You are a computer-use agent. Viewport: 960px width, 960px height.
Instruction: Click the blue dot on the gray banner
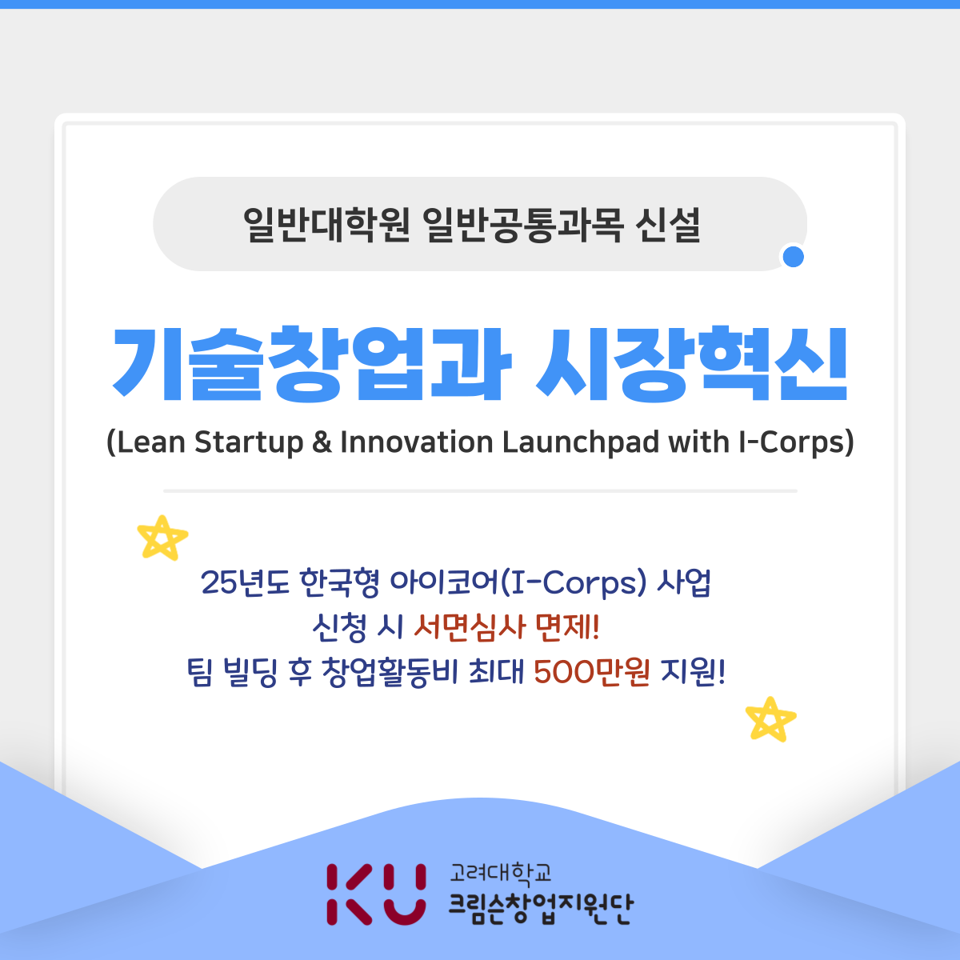[793, 257]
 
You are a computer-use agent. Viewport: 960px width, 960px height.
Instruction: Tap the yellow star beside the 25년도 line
[162, 537]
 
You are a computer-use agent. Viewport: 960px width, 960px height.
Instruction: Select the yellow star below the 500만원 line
[770, 718]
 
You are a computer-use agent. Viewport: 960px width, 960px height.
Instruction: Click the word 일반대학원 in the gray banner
[327, 225]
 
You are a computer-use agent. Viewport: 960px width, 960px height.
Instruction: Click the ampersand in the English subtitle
[322, 442]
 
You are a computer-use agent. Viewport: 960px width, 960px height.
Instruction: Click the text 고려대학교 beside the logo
[501, 873]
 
